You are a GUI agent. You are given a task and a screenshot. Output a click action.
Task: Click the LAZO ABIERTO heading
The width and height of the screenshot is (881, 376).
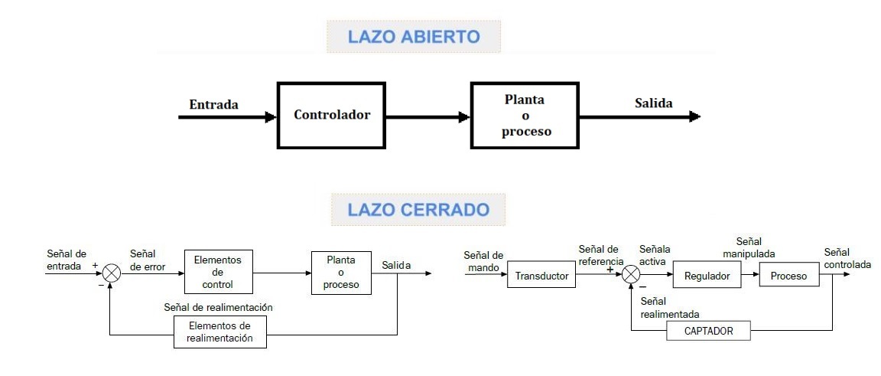(x=413, y=37)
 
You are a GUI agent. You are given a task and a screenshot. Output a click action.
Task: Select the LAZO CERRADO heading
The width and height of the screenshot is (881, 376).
(x=418, y=209)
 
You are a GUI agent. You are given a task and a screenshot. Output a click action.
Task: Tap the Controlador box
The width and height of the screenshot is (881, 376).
(x=332, y=116)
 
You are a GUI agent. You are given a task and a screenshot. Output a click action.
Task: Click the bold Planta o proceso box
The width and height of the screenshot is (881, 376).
(x=525, y=116)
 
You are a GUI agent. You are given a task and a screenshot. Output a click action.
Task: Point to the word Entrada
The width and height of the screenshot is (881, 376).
(x=213, y=104)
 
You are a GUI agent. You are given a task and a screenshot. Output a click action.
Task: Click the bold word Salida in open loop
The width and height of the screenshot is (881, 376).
(x=653, y=103)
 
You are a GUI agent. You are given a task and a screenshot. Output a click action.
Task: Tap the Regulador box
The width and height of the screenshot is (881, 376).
(x=707, y=276)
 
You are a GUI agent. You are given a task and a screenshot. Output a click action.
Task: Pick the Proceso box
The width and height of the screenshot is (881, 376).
(x=788, y=276)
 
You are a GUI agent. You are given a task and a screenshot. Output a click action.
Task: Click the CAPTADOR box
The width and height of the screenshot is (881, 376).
(x=708, y=331)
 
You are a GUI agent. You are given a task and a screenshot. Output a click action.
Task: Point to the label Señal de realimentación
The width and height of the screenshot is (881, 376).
(x=218, y=307)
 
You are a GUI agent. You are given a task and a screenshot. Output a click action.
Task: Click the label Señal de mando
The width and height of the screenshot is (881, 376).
(x=483, y=260)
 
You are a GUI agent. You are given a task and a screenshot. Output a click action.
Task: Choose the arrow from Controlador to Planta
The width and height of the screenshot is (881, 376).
(x=427, y=117)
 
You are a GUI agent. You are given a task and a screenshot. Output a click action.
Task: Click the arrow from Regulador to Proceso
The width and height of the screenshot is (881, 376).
(x=750, y=276)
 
